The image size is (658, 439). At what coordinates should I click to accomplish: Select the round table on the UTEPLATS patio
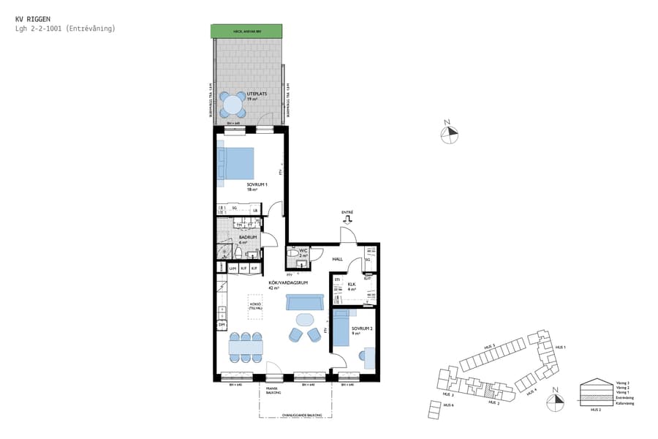[x=232, y=105]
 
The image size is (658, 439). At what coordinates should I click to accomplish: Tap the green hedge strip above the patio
[x=246, y=31]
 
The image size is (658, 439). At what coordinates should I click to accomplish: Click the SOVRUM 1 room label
[x=256, y=186]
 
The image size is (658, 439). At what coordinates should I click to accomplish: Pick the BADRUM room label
[x=246, y=239]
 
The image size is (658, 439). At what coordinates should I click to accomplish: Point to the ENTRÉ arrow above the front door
[x=347, y=217]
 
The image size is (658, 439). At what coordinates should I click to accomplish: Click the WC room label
[x=303, y=252]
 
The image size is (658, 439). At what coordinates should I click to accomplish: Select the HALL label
[x=338, y=259]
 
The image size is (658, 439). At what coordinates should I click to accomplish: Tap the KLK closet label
[x=352, y=285]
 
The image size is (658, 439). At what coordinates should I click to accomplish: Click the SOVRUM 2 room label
[x=361, y=330]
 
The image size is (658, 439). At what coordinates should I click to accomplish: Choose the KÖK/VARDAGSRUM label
[x=282, y=285]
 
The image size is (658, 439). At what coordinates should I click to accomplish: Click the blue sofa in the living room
[x=305, y=302]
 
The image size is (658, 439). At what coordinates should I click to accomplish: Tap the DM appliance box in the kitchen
[x=222, y=324]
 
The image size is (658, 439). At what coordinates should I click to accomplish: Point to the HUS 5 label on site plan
[x=489, y=346]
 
